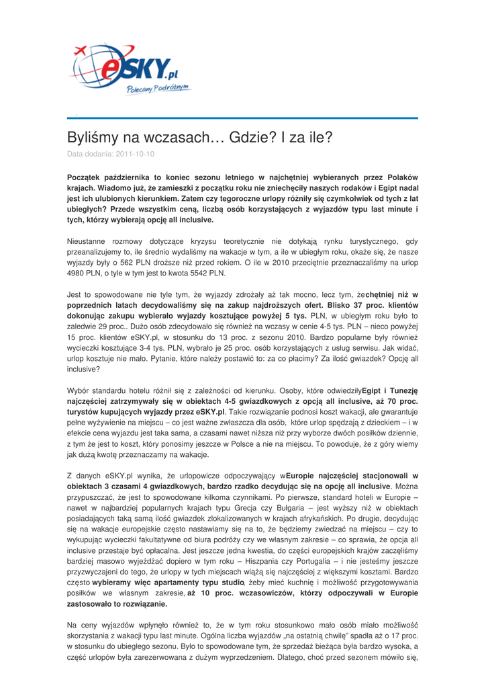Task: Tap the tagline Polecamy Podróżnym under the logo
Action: (158, 89)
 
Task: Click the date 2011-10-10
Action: (134, 154)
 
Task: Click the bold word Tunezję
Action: (401, 390)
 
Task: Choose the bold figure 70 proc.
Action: (399, 401)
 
